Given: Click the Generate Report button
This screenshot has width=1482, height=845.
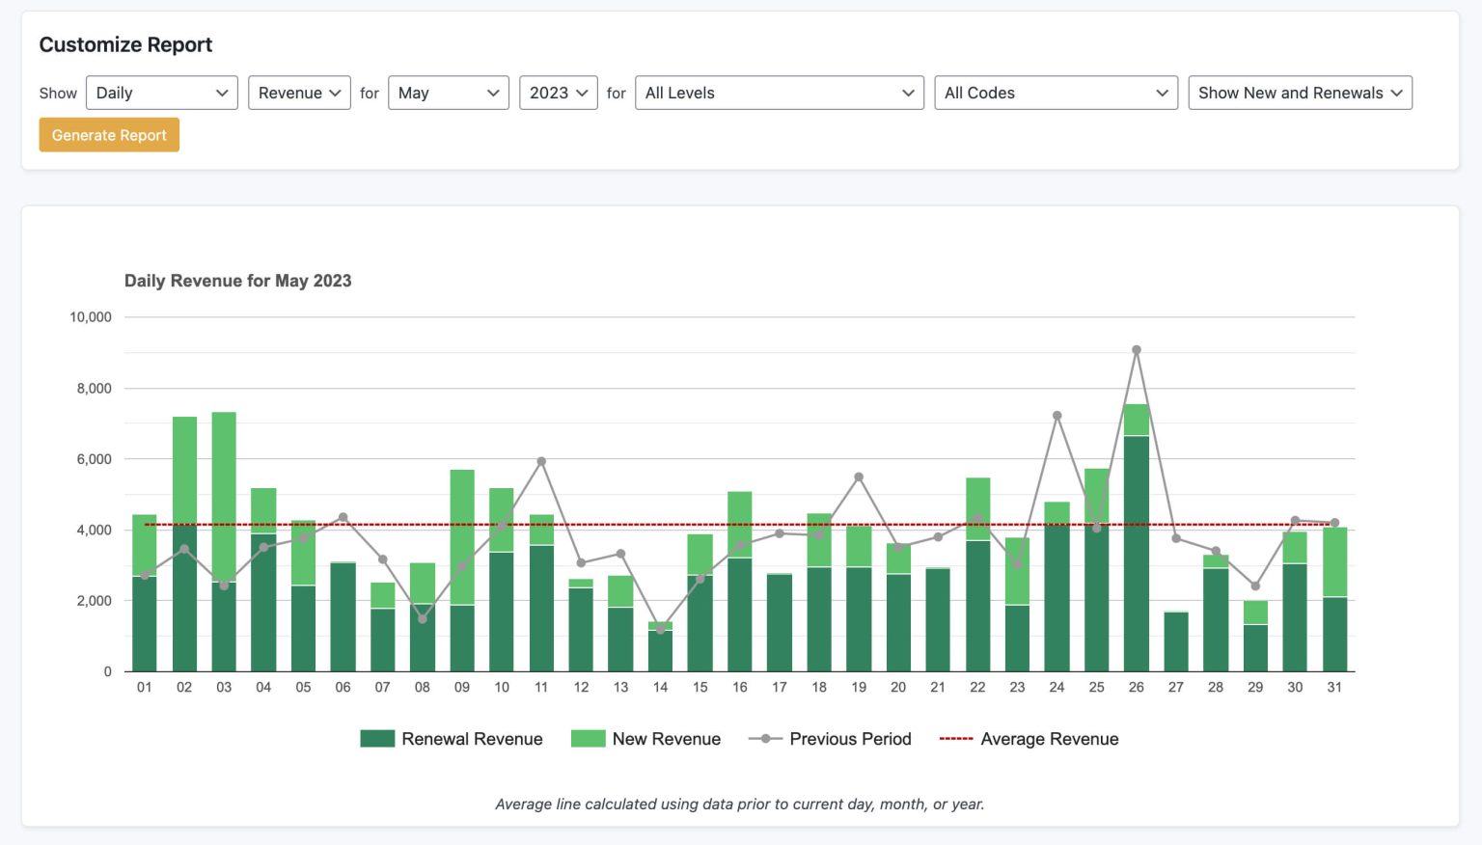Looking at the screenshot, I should (109, 135).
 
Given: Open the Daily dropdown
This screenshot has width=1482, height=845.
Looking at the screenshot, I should (161, 93).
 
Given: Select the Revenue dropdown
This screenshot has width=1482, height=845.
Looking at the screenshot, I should (299, 93).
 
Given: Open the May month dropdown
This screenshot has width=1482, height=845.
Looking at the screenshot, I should (448, 93).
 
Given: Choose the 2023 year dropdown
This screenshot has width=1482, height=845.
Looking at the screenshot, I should (558, 93).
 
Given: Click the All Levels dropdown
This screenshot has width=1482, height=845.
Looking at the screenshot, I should (779, 93).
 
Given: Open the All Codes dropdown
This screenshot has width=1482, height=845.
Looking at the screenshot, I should (1056, 93).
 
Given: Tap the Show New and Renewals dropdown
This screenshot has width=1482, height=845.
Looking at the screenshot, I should (1300, 93).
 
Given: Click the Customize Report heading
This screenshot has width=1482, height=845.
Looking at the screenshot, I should (125, 44).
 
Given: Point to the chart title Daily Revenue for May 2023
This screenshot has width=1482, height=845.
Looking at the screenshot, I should (237, 281).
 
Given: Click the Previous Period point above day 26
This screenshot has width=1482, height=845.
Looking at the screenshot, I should (1137, 350).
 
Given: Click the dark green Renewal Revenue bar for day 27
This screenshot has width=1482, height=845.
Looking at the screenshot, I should (1176, 641).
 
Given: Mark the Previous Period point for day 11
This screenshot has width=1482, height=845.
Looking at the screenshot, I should (541, 462).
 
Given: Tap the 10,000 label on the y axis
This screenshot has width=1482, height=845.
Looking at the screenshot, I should (91, 317).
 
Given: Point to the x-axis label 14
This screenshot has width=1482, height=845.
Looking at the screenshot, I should (660, 688).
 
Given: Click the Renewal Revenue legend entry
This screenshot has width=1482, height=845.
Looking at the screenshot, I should (452, 739).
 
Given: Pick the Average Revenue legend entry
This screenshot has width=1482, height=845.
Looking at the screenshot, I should (1029, 739).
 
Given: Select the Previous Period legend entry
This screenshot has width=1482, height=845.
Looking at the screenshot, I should (830, 739).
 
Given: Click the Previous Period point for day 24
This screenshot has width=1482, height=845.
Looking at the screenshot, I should (1057, 416).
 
